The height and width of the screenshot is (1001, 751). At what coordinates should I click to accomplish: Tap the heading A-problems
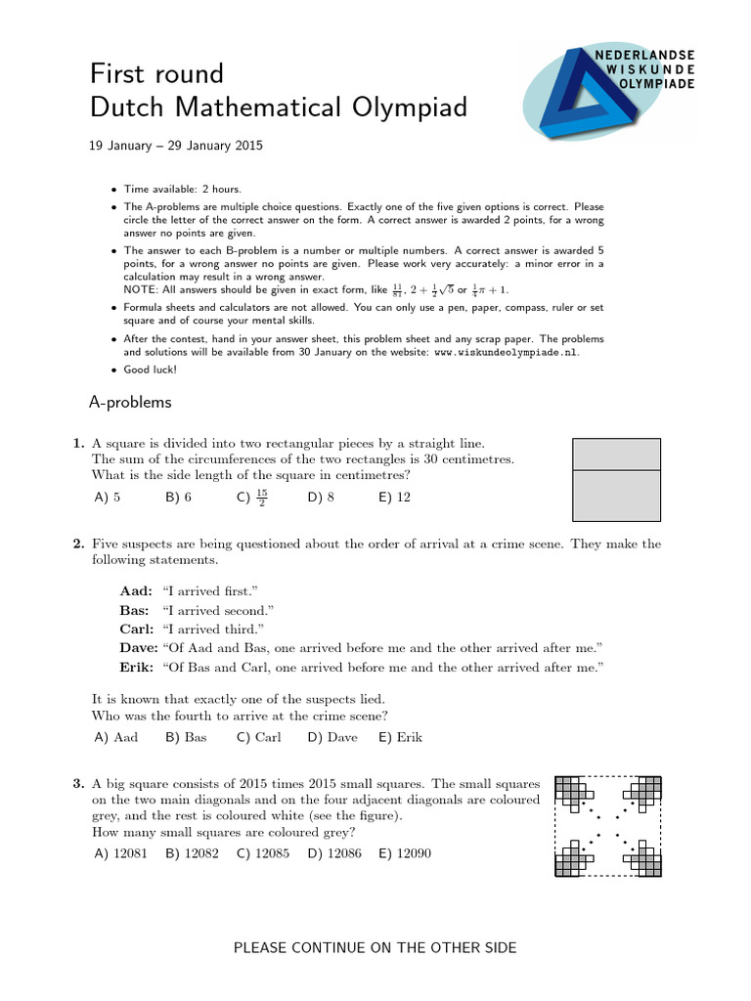(x=130, y=402)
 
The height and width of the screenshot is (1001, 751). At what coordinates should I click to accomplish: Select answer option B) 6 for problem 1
(x=178, y=497)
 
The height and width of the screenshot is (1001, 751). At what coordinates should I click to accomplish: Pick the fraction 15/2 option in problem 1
(x=252, y=497)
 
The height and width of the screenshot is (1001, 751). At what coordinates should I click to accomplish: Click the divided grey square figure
(x=615, y=479)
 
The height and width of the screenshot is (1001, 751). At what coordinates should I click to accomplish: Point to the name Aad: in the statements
(x=136, y=591)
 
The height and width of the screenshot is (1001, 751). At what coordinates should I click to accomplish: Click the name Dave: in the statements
(x=138, y=647)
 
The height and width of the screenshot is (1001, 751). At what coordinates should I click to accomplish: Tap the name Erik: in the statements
(x=136, y=667)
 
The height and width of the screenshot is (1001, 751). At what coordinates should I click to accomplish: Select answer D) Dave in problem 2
(x=332, y=737)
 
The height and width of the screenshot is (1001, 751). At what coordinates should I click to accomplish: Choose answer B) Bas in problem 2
(x=186, y=737)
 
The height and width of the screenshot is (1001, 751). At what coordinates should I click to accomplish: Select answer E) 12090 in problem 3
(x=404, y=853)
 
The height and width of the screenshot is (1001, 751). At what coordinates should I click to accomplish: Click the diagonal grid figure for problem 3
(x=607, y=825)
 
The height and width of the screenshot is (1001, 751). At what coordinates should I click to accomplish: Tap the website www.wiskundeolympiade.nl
(x=498, y=352)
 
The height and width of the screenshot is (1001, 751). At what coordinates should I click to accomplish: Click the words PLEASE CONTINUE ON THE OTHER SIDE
(x=375, y=947)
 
